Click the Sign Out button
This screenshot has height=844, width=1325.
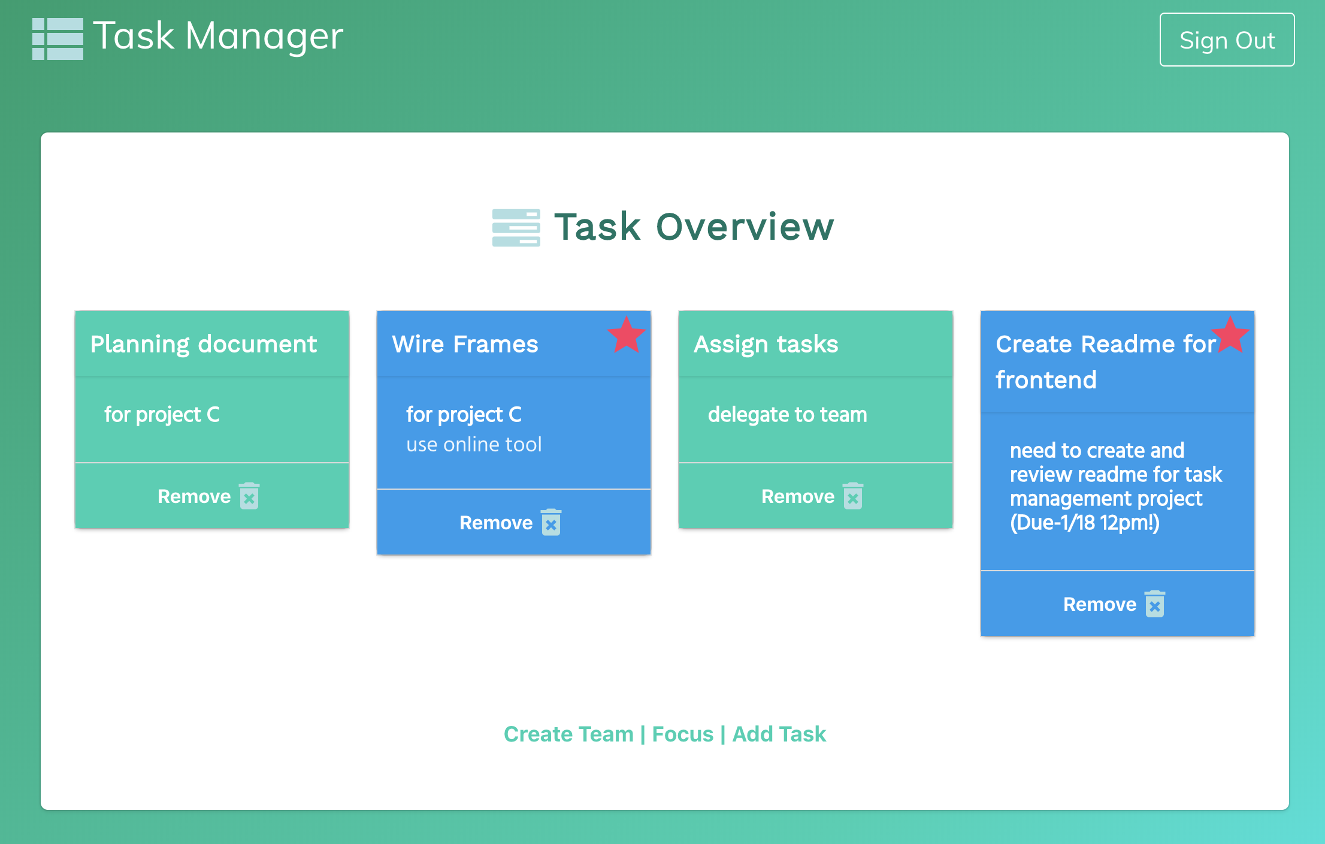tap(1227, 40)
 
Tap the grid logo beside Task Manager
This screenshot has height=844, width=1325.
tap(58, 39)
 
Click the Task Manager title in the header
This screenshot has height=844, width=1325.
tap(219, 37)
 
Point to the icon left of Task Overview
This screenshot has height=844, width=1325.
tap(516, 228)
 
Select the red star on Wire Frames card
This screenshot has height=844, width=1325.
tap(627, 334)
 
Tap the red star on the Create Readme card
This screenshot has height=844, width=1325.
tap(1230, 334)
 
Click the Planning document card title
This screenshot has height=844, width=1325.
tap(204, 344)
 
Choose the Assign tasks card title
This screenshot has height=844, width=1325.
tap(766, 344)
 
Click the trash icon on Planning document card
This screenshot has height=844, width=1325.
tap(249, 496)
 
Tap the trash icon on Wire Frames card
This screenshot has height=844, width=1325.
tap(551, 522)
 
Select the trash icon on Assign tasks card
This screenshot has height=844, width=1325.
tap(853, 496)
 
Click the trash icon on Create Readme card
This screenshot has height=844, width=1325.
tap(1155, 604)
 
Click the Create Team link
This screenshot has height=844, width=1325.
tap(568, 734)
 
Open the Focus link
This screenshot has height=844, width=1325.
tap(683, 734)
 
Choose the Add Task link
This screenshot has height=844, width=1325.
tap(779, 734)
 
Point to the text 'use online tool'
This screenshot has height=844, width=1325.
tap(474, 444)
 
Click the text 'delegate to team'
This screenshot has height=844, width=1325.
tap(788, 414)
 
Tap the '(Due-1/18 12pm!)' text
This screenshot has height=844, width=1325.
tap(1085, 522)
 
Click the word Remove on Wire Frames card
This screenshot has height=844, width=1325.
tap(496, 523)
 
